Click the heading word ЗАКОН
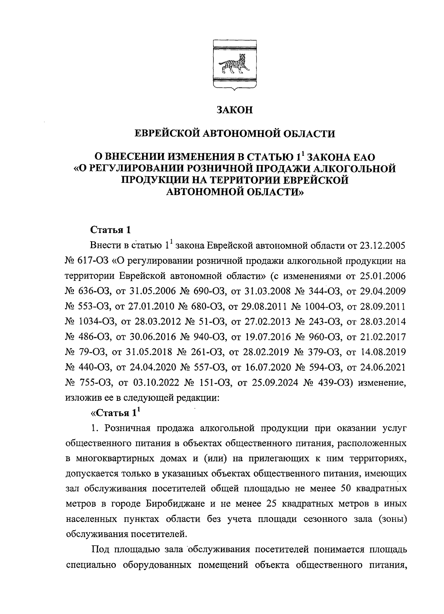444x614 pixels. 234,110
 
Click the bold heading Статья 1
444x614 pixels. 111,229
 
